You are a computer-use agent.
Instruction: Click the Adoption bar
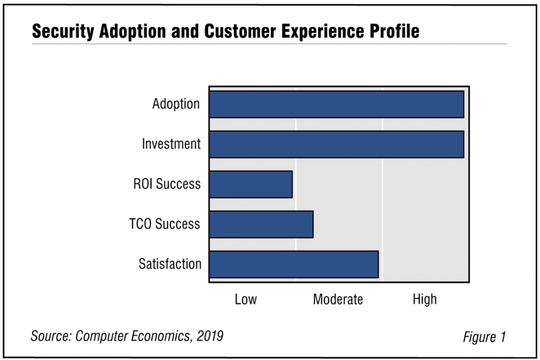pos(336,104)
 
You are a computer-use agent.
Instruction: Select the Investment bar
pos(336,144)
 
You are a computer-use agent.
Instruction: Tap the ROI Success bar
pos(251,184)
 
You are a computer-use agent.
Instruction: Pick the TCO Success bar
pos(261,224)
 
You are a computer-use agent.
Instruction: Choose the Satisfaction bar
pos(294,264)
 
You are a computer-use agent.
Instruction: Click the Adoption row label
pos(176,104)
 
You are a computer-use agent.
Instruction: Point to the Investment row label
pos(171,144)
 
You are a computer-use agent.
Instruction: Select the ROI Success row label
pos(167,184)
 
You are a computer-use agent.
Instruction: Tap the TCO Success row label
pos(165,224)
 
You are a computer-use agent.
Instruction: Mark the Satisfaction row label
pos(170,264)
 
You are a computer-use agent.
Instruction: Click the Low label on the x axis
pos(245,299)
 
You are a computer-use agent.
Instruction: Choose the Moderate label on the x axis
pos(338,299)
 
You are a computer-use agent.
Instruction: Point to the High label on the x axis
pos(425,299)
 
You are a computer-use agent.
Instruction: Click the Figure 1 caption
pos(484,337)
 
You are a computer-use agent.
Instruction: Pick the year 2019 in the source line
pos(210,335)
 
